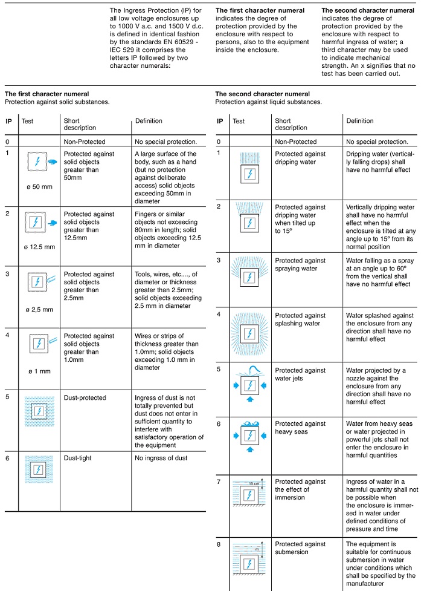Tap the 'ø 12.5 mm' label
point(39,246)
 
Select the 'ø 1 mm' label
point(38,371)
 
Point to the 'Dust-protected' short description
point(85,397)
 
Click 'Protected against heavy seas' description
point(300,428)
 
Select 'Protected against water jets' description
point(300,374)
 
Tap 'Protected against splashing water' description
point(300,319)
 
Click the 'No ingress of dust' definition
point(161,458)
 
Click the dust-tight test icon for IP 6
point(39,470)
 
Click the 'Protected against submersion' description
point(300,548)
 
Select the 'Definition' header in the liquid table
point(360,121)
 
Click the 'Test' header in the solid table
point(28,121)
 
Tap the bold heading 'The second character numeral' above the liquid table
point(263,94)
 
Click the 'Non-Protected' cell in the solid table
point(85,142)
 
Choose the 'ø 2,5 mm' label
point(39,309)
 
